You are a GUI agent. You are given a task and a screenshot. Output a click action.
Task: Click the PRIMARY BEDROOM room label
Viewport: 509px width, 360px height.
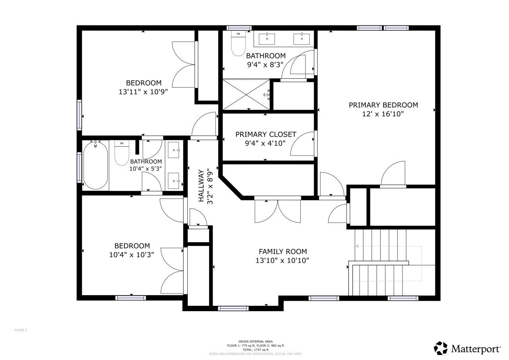tap(383, 105)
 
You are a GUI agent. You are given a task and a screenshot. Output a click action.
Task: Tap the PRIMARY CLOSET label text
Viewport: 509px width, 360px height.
tap(266, 134)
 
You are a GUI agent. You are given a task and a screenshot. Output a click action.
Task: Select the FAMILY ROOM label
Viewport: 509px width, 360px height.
tap(283, 251)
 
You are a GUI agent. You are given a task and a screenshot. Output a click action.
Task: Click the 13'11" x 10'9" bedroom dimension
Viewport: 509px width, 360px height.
tap(143, 91)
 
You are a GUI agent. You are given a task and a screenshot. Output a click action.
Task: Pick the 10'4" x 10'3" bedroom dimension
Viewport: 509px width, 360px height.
tap(132, 254)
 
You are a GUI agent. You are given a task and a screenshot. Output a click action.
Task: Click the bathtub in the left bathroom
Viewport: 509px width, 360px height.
tap(95, 165)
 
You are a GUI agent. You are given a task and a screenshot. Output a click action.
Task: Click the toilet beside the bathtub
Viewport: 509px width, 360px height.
tap(122, 154)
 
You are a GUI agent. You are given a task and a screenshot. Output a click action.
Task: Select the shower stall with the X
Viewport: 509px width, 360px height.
tap(246, 94)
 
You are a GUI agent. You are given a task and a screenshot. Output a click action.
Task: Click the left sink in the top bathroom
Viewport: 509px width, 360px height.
tap(267, 39)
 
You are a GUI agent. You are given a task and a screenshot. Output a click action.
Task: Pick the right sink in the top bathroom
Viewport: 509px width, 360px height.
tap(301, 39)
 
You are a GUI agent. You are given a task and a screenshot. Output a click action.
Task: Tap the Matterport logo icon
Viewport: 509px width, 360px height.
tap(441, 348)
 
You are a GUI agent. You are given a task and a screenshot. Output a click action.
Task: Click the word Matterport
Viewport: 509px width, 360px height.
tap(476, 349)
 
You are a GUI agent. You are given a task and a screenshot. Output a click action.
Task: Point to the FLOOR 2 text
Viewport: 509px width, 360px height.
tap(21, 330)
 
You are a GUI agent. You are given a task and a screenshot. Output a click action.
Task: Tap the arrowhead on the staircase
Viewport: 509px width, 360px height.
tap(357, 246)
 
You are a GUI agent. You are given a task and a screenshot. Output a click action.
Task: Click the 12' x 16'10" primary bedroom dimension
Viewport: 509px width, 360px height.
tap(383, 114)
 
